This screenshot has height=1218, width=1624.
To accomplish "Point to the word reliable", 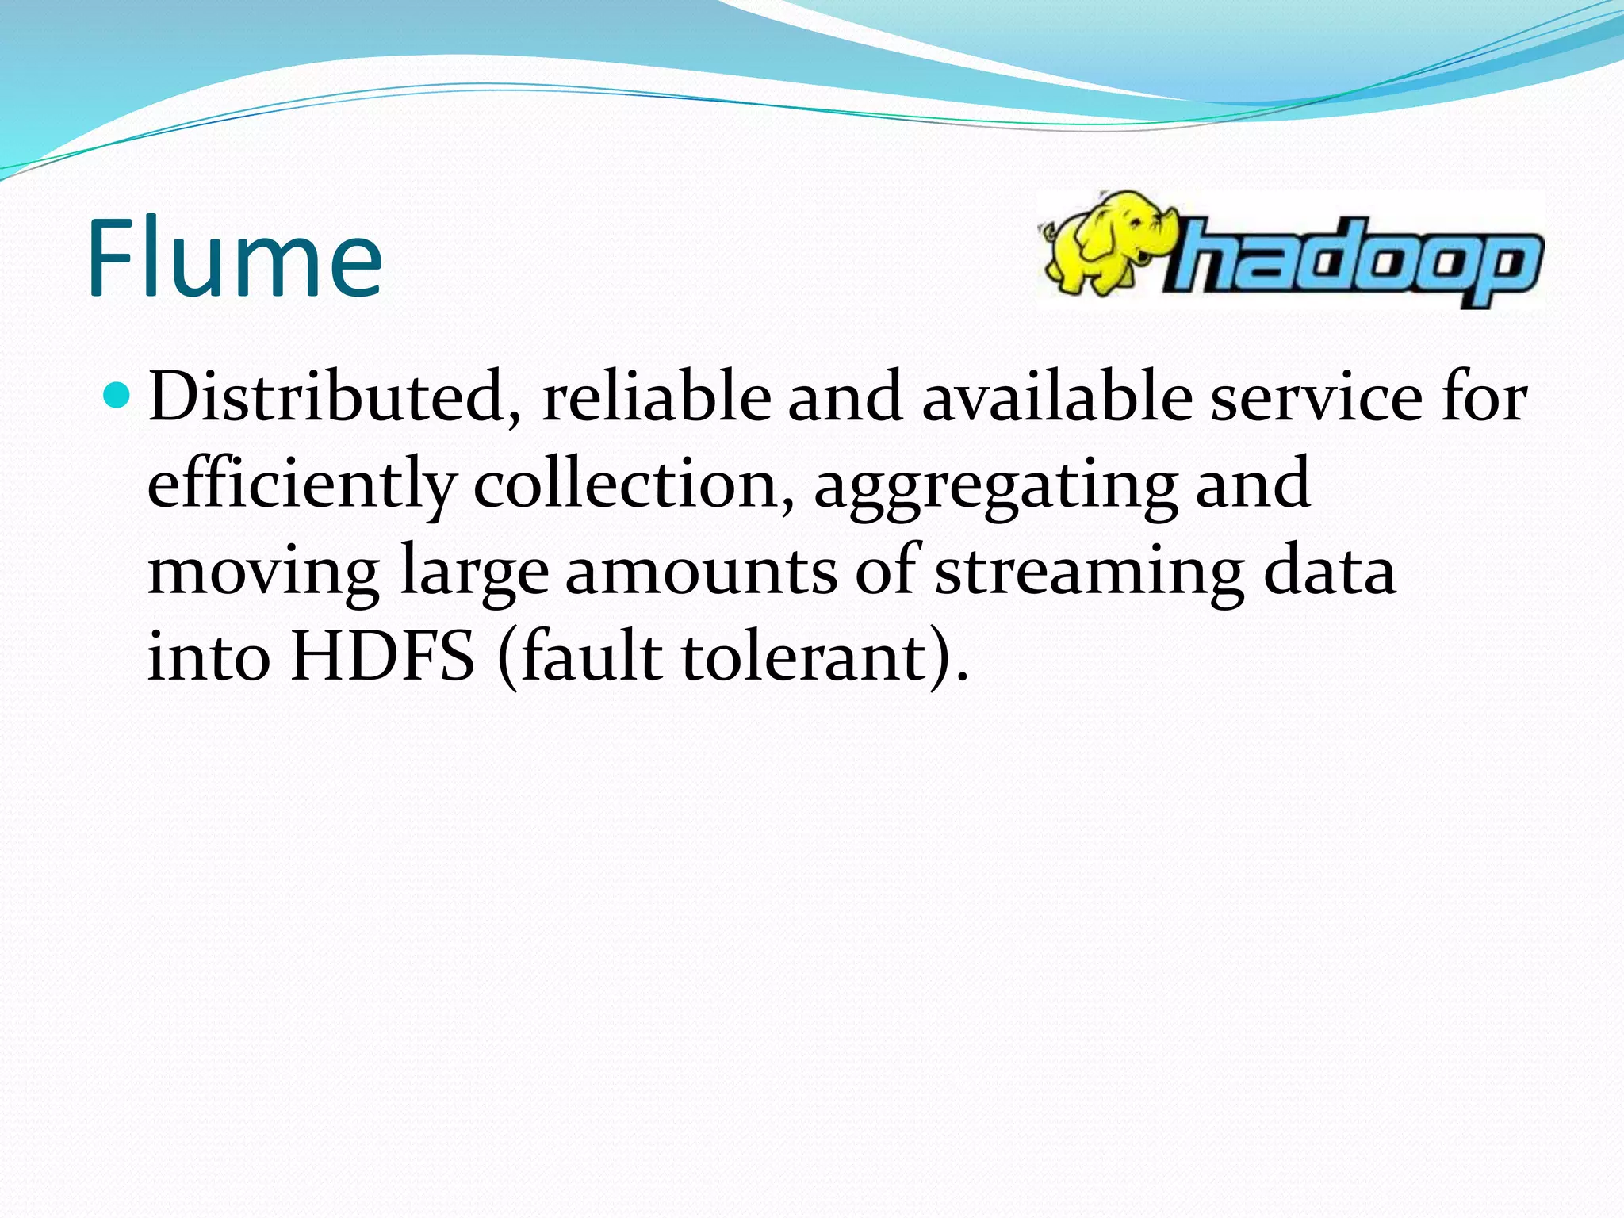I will tap(656, 396).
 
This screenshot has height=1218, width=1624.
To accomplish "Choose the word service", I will tap(1316, 396).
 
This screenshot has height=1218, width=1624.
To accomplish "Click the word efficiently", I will tap(301, 485).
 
